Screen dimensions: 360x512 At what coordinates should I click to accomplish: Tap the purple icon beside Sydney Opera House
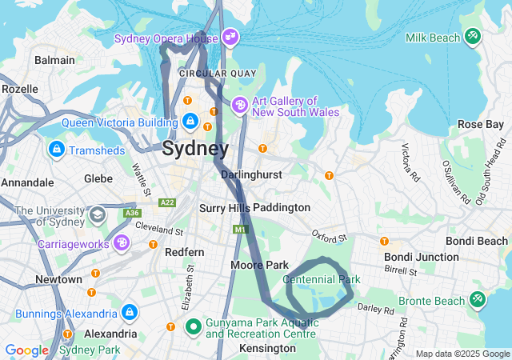pyautogui.click(x=230, y=37)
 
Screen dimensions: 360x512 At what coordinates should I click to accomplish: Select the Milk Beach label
pyautogui.click(x=433, y=38)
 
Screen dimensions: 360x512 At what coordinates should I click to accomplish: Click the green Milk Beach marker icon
pyautogui.click(x=473, y=37)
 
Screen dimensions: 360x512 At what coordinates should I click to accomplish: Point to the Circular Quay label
pyautogui.click(x=217, y=73)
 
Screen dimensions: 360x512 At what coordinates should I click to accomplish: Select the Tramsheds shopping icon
pyautogui.click(x=57, y=150)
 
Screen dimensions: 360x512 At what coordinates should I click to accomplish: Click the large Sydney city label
pyautogui.click(x=194, y=148)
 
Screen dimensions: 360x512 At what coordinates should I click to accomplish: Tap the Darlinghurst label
pyautogui.click(x=249, y=174)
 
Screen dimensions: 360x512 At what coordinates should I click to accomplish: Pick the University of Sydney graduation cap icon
pyautogui.click(x=97, y=214)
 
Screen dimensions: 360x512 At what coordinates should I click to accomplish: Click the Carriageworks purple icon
pyautogui.click(x=121, y=242)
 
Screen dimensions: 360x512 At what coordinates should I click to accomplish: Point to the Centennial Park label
pyautogui.click(x=322, y=279)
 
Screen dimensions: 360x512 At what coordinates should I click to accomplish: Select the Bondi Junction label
pyautogui.click(x=421, y=257)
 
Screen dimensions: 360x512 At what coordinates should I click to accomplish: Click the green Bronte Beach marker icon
pyautogui.click(x=477, y=300)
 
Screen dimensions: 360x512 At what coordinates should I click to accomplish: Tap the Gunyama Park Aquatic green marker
pyautogui.click(x=193, y=326)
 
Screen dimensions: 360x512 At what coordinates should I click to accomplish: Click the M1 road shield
pyautogui.click(x=240, y=230)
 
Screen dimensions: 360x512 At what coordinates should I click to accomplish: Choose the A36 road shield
pyautogui.click(x=132, y=213)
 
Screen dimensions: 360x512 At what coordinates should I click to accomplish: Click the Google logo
pyautogui.click(x=26, y=350)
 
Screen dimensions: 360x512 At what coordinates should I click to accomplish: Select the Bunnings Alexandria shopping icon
pyautogui.click(x=129, y=311)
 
